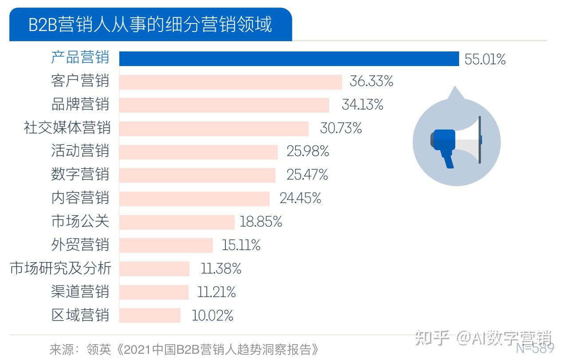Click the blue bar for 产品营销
289,59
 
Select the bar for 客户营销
231,82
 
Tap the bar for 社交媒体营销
214,129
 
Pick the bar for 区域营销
150,315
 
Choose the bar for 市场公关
177,222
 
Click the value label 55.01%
485,59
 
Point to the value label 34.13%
362,105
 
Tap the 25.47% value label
307,175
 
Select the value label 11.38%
221,268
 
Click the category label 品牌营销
80,105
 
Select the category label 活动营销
80,151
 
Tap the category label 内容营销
80,198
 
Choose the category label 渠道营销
80,292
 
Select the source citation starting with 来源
184,349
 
